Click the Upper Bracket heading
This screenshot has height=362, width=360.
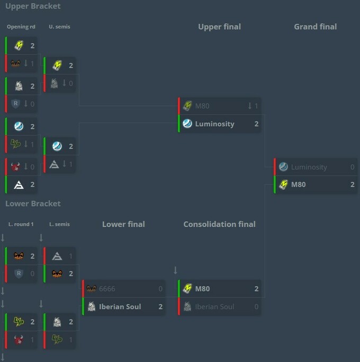33,6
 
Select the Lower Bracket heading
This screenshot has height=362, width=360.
33,204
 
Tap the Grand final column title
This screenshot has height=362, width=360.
315,27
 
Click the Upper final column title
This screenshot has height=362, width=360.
220,27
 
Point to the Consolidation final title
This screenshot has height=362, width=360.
220,224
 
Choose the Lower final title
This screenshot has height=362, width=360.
123,224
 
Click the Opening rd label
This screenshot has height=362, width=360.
21,27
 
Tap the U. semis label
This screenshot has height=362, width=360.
59,27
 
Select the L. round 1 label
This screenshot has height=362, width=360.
21,224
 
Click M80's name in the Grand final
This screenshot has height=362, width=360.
299,184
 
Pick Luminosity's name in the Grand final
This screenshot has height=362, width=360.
309,167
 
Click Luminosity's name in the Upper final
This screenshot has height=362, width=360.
215,124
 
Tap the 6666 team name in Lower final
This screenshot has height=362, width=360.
107,289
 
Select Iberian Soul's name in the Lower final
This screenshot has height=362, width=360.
120,306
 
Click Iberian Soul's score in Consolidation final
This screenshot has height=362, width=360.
256,306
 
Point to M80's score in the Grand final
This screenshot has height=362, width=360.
353,184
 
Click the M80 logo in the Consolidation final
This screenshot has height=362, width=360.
187,288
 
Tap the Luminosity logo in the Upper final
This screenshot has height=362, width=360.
187,123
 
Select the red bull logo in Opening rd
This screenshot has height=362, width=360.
15,166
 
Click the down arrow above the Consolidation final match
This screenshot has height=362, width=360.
175,270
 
